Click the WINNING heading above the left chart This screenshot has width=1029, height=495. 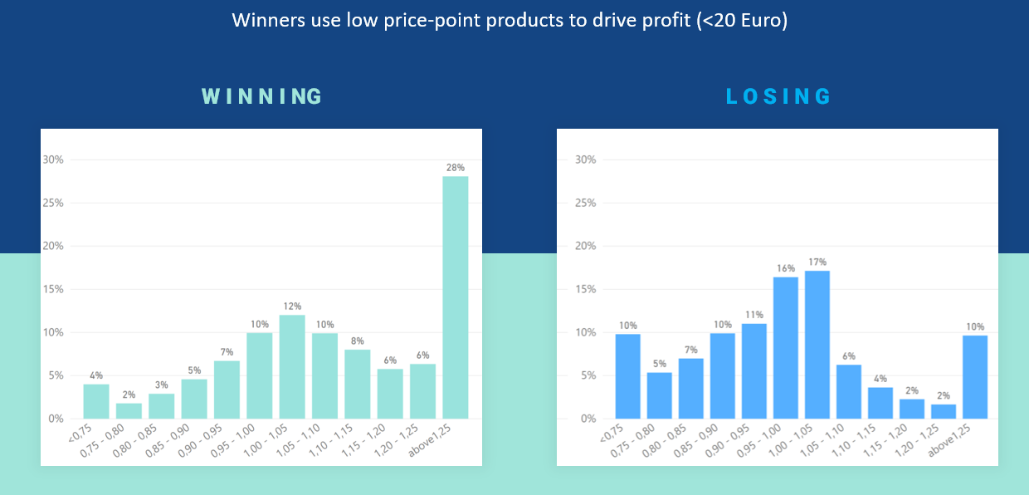[261, 96]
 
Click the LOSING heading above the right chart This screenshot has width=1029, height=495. [778, 96]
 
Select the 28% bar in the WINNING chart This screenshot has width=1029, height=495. [455, 297]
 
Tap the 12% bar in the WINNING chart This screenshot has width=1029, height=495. [292, 366]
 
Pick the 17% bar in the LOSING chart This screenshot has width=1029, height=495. [817, 345]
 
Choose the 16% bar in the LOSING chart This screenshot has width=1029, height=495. [786, 347]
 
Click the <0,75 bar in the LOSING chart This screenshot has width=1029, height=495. [628, 376]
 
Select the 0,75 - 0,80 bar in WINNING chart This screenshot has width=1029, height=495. [129, 410]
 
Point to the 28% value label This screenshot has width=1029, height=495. [455, 168]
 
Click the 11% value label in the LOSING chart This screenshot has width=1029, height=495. [754, 316]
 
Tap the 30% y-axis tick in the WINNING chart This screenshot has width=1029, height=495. [53, 160]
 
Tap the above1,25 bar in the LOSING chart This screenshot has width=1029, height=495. [975, 376]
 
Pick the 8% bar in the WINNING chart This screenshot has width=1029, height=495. [357, 384]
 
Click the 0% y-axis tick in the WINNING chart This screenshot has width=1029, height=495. [56, 419]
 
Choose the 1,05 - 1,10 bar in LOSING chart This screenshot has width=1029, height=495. [849, 391]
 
